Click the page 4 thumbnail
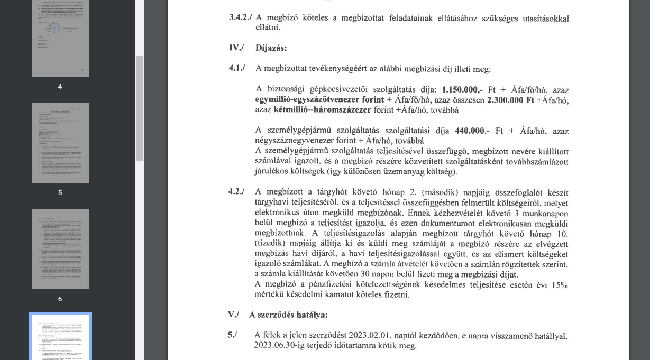click(x=60, y=38)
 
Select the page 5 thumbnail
click(x=60, y=143)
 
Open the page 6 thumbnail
click(x=60, y=249)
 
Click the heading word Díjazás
click(x=271, y=48)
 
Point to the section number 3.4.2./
click(x=240, y=17)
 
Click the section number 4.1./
click(x=237, y=69)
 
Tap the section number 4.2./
click(x=236, y=191)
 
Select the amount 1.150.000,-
click(x=462, y=90)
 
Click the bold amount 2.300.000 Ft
click(x=511, y=100)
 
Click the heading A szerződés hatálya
click(x=288, y=315)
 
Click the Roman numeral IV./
click(x=236, y=48)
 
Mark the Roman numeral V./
click(x=233, y=315)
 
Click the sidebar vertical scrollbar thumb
click(x=140, y=108)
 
